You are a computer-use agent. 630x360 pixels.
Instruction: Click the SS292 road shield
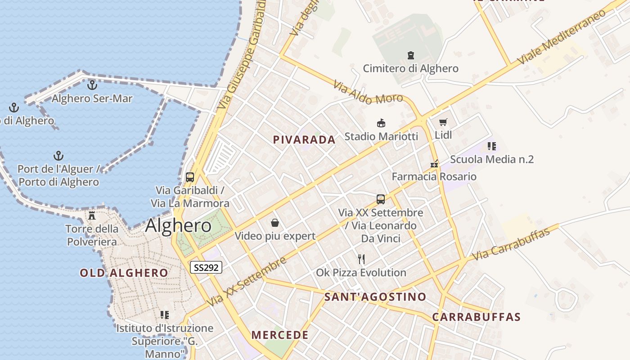[x=206, y=268]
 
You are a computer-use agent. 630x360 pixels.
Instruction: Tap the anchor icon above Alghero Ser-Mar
[x=92, y=85]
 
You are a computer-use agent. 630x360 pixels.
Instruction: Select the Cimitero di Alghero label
[x=410, y=68]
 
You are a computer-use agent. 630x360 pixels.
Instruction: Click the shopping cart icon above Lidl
[x=443, y=122]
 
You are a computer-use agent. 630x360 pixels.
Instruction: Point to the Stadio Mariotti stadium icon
[x=381, y=123]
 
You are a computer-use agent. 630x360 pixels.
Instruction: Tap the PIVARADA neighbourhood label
[x=304, y=140]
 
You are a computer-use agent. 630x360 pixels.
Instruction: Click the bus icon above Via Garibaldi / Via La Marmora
[x=190, y=177]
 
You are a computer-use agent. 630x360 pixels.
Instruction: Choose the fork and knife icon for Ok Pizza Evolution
[x=361, y=259]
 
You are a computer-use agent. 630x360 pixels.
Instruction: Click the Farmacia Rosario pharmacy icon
[x=434, y=164]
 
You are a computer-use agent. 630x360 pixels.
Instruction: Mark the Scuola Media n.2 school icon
[x=492, y=146]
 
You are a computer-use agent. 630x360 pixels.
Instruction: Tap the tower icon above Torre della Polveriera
[x=92, y=216]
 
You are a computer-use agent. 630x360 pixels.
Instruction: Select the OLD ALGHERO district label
[x=124, y=273]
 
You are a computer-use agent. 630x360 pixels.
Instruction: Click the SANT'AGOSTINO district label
[x=375, y=297]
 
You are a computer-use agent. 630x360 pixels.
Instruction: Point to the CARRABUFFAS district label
[x=476, y=317]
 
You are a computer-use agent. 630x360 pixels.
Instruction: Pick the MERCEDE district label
[x=280, y=335]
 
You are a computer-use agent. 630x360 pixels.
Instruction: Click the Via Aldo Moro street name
[x=368, y=93]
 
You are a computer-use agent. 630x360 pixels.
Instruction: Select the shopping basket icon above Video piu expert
[x=275, y=223]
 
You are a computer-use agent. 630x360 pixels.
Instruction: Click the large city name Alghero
[x=178, y=225]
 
